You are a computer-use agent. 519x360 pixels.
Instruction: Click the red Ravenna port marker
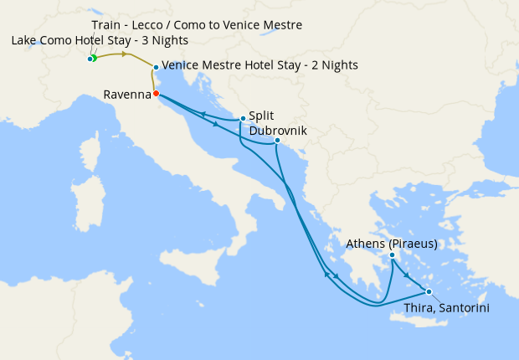click(x=156, y=93)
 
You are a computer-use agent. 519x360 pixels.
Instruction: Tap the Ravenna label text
click(x=126, y=95)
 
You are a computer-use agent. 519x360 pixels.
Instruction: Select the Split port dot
click(x=243, y=118)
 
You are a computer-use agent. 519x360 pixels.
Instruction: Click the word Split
click(x=261, y=116)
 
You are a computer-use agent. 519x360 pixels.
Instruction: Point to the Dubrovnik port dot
click(x=277, y=140)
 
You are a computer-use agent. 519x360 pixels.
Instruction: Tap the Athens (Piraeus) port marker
click(x=392, y=255)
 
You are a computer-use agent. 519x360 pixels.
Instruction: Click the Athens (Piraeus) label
click(x=392, y=244)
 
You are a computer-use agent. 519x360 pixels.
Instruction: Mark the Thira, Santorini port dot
click(x=429, y=291)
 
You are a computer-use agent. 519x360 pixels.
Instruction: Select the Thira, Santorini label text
click(x=446, y=308)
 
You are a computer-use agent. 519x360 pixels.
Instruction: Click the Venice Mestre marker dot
click(x=156, y=67)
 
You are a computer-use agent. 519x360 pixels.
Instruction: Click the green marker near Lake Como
click(x=94, y=58)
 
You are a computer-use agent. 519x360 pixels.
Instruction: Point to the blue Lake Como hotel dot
click(x=89, y=59)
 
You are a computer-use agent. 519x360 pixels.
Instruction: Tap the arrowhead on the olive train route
click(x=126, y=54)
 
